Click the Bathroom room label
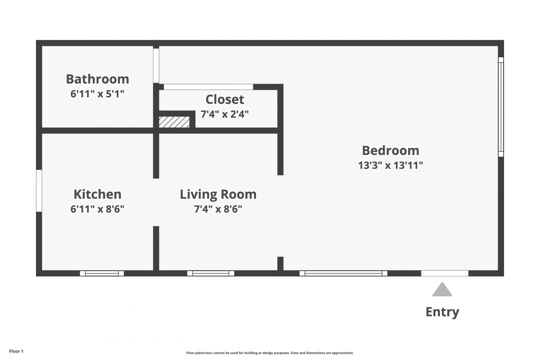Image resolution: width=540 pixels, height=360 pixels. point(97,79)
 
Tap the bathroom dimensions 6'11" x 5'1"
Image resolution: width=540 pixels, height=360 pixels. point(97,94)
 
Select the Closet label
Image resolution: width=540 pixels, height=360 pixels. point(225,99)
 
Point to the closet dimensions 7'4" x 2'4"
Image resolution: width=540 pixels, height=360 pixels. point(225,114)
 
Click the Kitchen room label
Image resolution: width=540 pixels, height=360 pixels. point(97,194)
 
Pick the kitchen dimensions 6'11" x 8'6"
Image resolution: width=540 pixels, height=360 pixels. point(97,209)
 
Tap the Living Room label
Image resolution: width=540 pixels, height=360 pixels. point(218,194)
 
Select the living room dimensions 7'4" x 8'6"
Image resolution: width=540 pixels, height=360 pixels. point(218,209)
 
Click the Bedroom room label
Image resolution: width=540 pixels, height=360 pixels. point(391,150)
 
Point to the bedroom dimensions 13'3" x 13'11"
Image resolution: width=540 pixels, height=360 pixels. point(391,165)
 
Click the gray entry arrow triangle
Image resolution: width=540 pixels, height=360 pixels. point(442,290)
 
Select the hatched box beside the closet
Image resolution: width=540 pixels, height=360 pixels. point(174,122)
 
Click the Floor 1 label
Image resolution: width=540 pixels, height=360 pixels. point(16,351)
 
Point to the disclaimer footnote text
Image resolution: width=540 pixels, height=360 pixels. point(270,353)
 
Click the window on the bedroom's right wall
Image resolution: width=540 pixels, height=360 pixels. point(501,107)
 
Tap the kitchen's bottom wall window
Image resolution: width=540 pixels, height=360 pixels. point(102,273)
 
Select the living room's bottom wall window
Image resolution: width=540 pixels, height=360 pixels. point(211,273)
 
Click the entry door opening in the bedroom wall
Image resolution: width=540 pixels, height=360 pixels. point(445,273)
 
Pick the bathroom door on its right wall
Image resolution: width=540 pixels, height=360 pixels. point(156,66)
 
